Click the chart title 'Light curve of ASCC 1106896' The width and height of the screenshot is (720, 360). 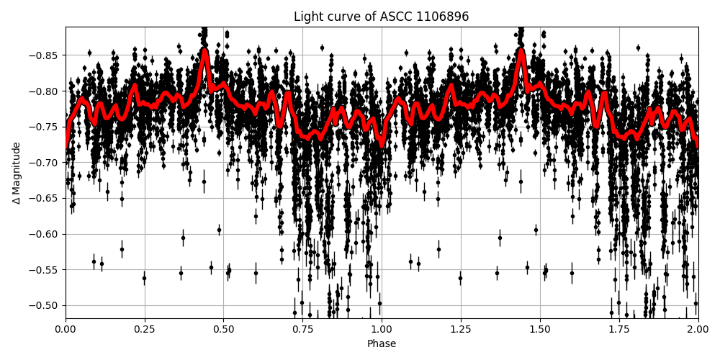click(381, 17)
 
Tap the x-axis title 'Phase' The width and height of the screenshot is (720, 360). click(381, 344)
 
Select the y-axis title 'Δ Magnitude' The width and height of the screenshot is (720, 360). click(17, 173)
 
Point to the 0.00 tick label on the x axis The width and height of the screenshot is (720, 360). click(66, 329)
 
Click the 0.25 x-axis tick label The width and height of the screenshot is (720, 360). click(145, 329)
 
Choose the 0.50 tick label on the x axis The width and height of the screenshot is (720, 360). click(223, 329)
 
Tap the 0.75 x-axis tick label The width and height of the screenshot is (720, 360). click(302, 329)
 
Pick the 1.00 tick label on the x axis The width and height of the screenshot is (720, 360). click(382, 329)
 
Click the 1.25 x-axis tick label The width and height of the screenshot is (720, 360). click(461, 329)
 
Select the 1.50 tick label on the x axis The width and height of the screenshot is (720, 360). click(540, 329)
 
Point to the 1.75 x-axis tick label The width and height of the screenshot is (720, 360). click(619, 329)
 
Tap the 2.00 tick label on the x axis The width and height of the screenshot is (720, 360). click(698, 329)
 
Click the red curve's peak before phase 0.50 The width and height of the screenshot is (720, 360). click(205, 51)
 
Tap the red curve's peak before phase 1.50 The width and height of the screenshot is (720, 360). click(521, 51)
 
